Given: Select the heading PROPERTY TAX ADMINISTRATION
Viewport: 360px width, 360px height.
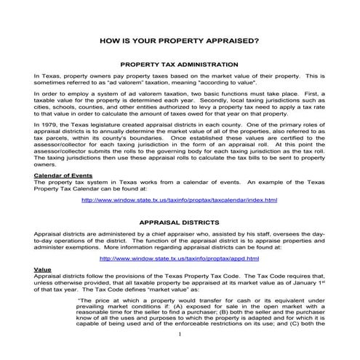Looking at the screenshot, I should pyautogui.click(x=179, y=65).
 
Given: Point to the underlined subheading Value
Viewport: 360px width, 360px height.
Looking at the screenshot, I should pyautogui.click(x=41, y=269).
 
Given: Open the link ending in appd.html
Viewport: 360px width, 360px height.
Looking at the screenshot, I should pyautogui.click(x=179, y=257).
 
